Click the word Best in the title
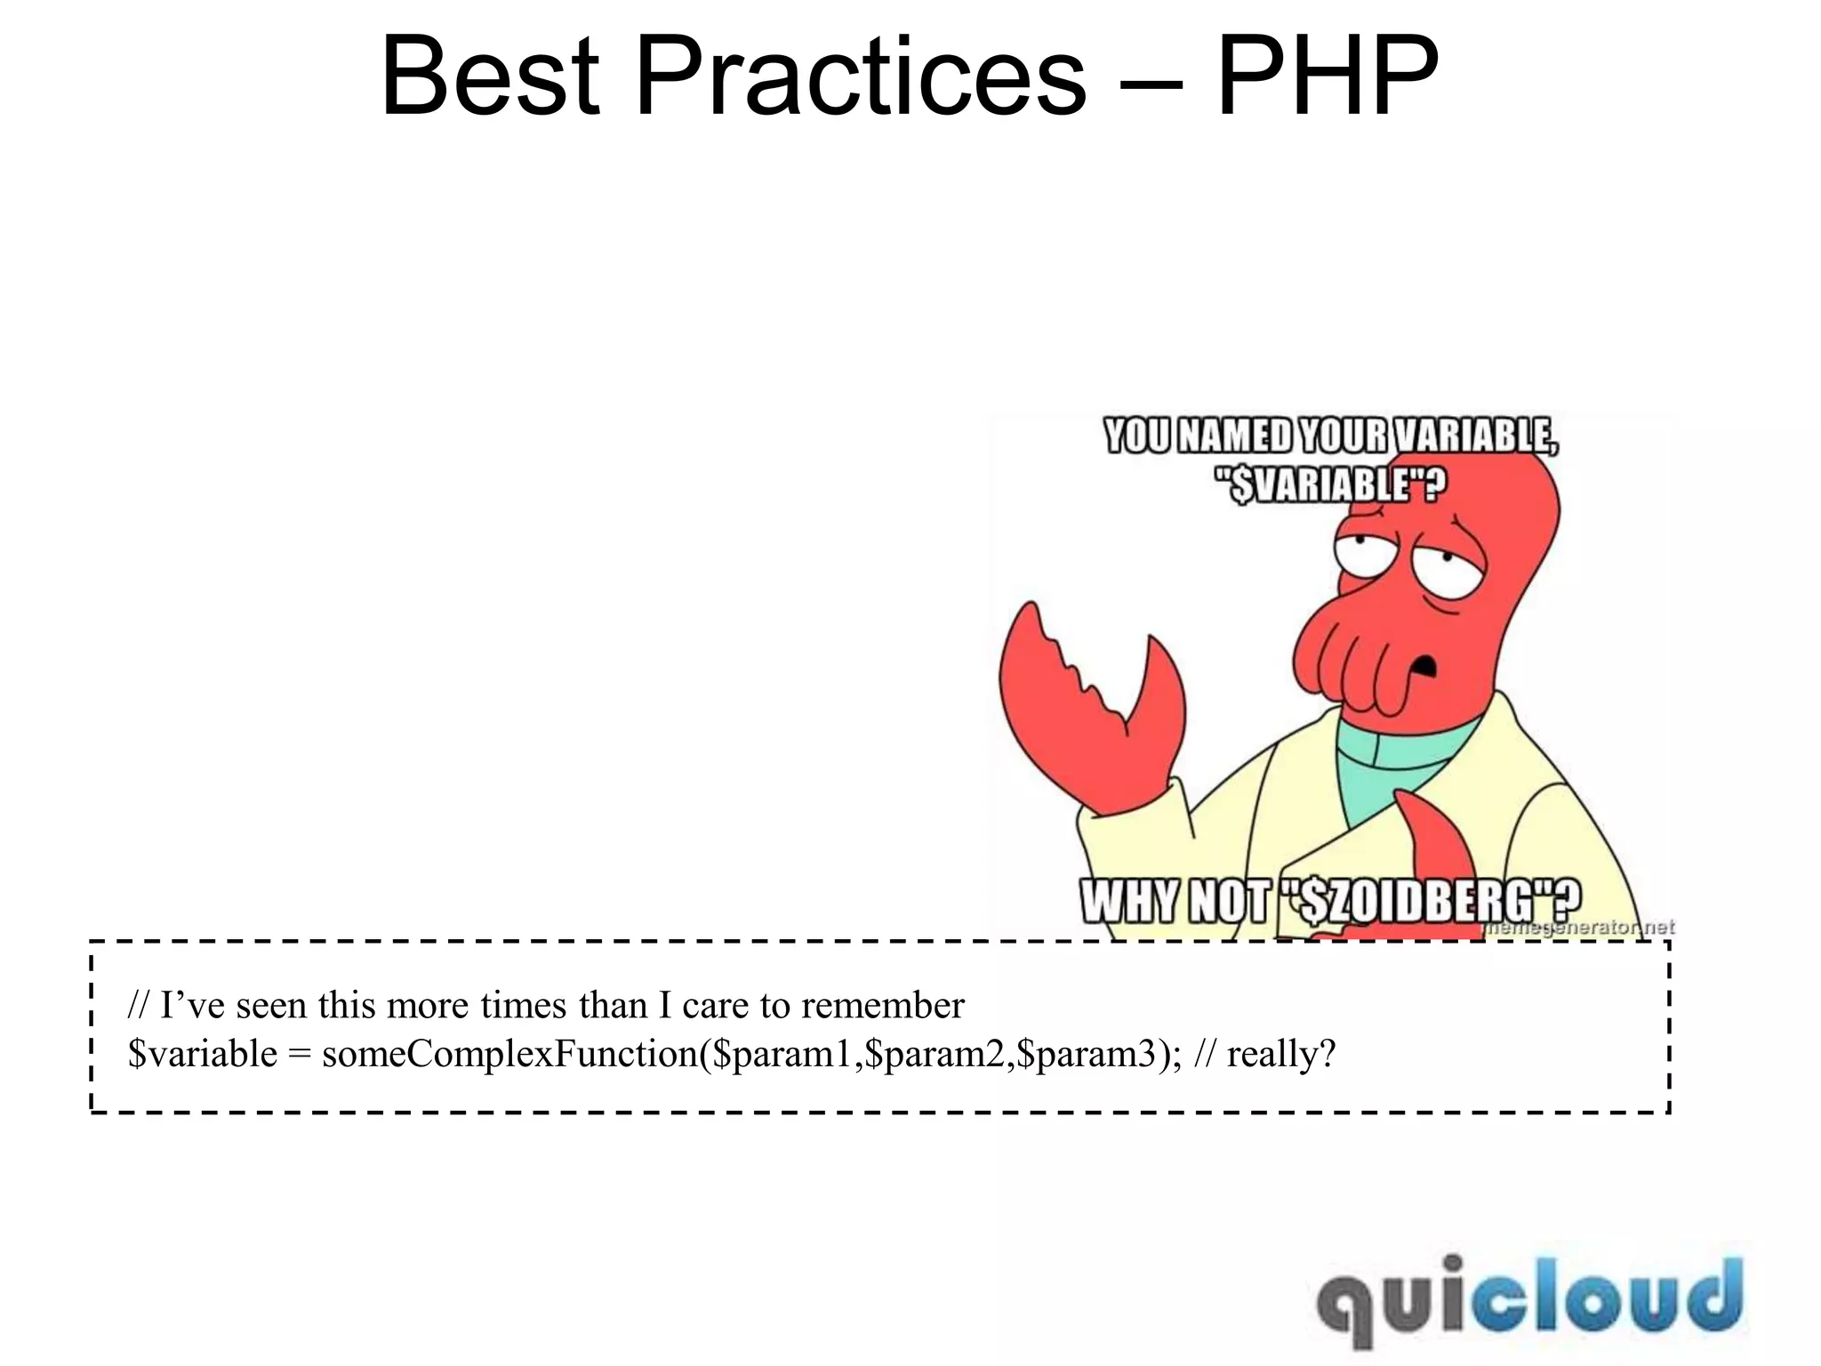coord(490,77)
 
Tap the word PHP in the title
coord(1327,77)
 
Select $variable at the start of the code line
coord(203,1054)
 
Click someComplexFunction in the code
coord(509,1054)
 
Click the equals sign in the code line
coord(299,1054)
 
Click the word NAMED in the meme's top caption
coord(1237,437)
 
